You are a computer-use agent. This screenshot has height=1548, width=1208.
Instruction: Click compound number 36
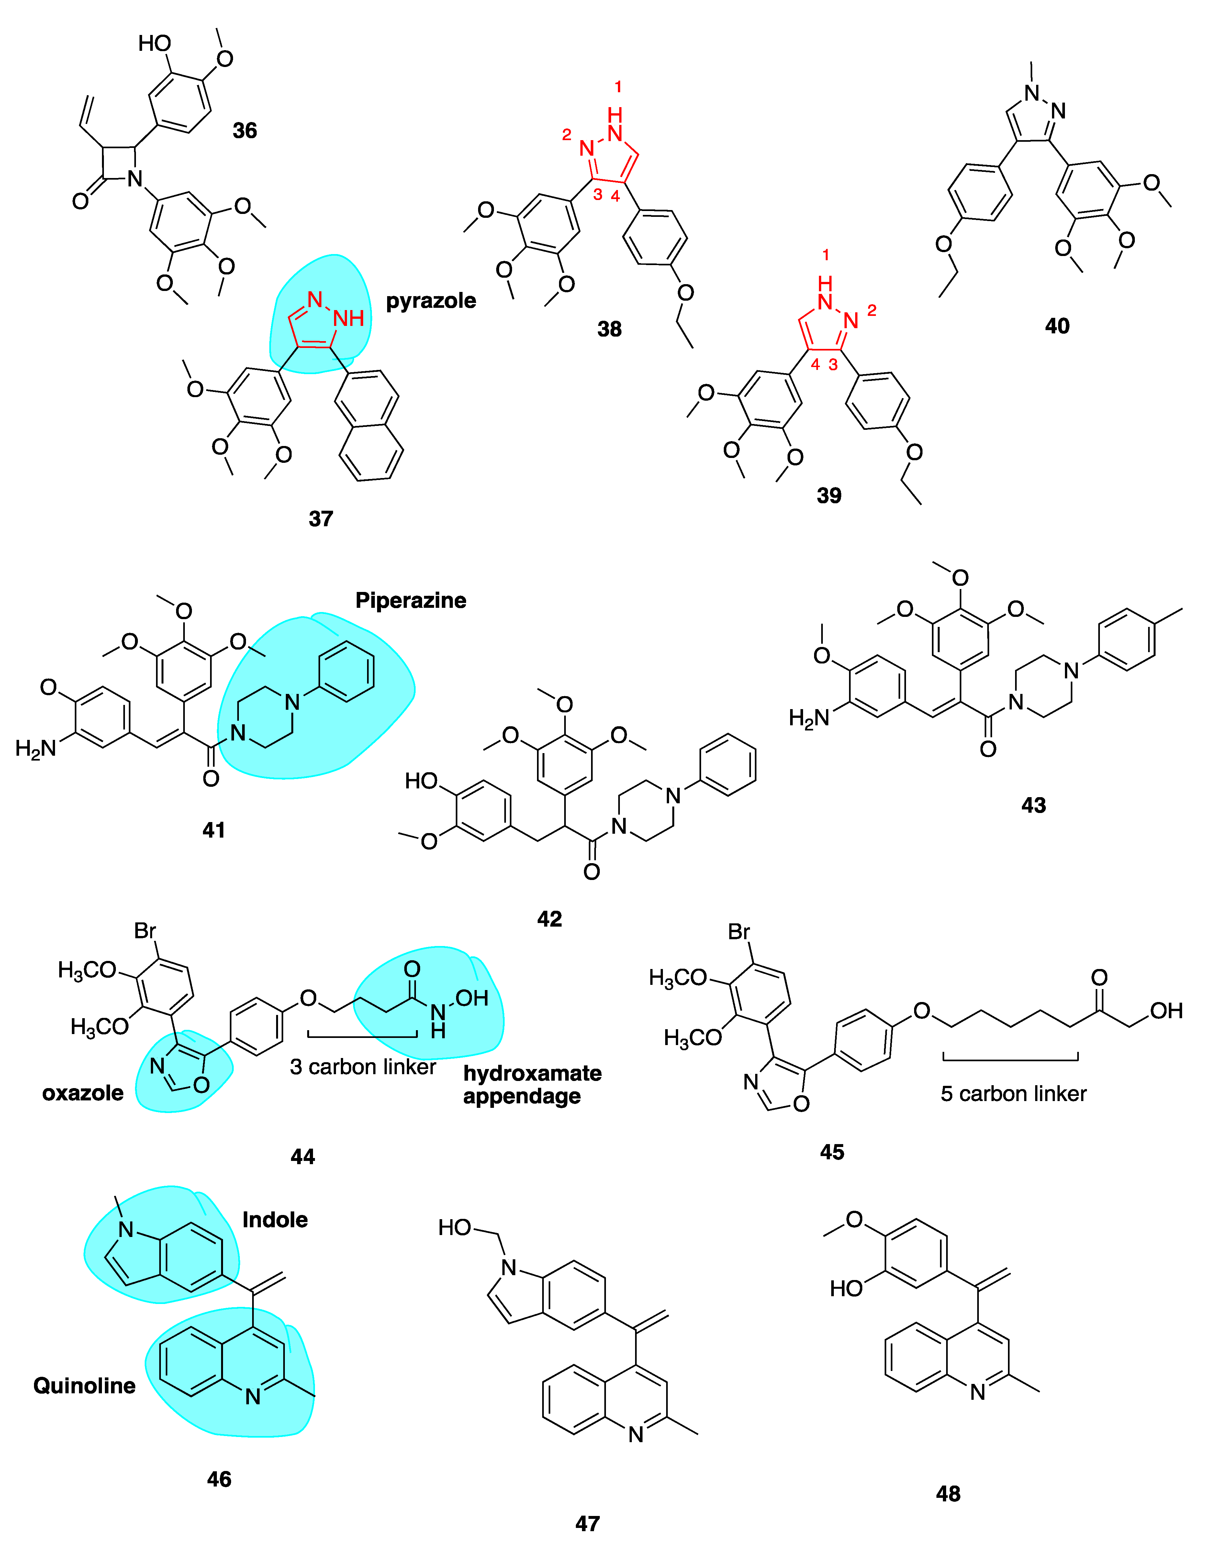coord(245,130)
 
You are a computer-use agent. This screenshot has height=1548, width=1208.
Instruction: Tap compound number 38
coord(609,329)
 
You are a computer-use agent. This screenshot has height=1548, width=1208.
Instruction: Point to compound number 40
coord(1057,326)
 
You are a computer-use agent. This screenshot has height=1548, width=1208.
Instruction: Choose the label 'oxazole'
coord(83,1093)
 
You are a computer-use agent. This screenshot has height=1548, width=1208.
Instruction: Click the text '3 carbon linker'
coord(363,1067)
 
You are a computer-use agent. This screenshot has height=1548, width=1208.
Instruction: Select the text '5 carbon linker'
coord(1013,1094)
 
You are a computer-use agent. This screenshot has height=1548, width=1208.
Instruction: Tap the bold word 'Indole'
coord(275,1220)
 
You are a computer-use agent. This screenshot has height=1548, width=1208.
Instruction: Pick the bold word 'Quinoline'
coord(84,1386)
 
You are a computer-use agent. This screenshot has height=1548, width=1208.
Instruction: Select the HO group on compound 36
coord(154,43)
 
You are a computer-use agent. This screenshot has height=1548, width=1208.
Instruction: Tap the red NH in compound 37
coord(349,318)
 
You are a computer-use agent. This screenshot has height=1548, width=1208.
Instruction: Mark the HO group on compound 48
coord(846,1288)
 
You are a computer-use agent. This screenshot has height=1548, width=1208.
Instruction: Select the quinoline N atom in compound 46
coord(253,1396)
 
